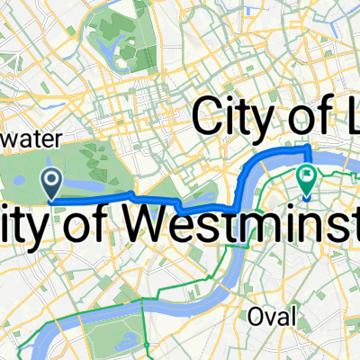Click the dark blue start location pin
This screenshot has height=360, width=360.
click(52, 184)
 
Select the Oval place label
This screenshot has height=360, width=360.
click(267, 316)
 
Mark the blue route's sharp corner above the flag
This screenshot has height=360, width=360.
click(310, 146)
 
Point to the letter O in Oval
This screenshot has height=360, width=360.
click(253, 316)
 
